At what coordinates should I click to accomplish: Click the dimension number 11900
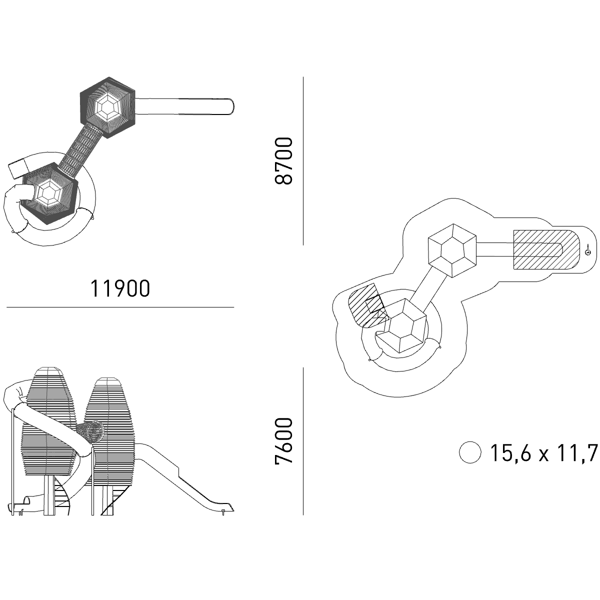pyautogui.click(x=120, y=288)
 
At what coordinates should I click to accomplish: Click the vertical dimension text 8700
pyautogui.click(x=284, y=161)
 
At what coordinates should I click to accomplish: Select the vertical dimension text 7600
pyautogui.click(x=284, y=441)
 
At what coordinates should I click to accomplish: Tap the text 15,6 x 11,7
pyautogui.click(x=543, y=452)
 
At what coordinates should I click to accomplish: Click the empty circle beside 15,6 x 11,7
pyautogui.click(x=470, y=452)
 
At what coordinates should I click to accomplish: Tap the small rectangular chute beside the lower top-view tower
pyautogui.click(x=19, y=169)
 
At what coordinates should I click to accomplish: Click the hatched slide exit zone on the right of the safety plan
pyautogui.click(x=546, y=249)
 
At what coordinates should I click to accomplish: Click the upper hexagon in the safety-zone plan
pyautogui.click(x=452, y=250)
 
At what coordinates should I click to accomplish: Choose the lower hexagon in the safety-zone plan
pyautogui.click(x=401, y=326)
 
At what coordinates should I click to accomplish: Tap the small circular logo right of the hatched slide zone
pyautogui.click(x=588, y=252)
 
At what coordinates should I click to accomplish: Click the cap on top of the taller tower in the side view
pyautogui.click(x=48, y=371)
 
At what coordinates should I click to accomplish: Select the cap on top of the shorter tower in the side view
pyautogui.click(x=107, y=382)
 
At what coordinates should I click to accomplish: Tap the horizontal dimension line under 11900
pyautogui.click(x=120, y=307)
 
